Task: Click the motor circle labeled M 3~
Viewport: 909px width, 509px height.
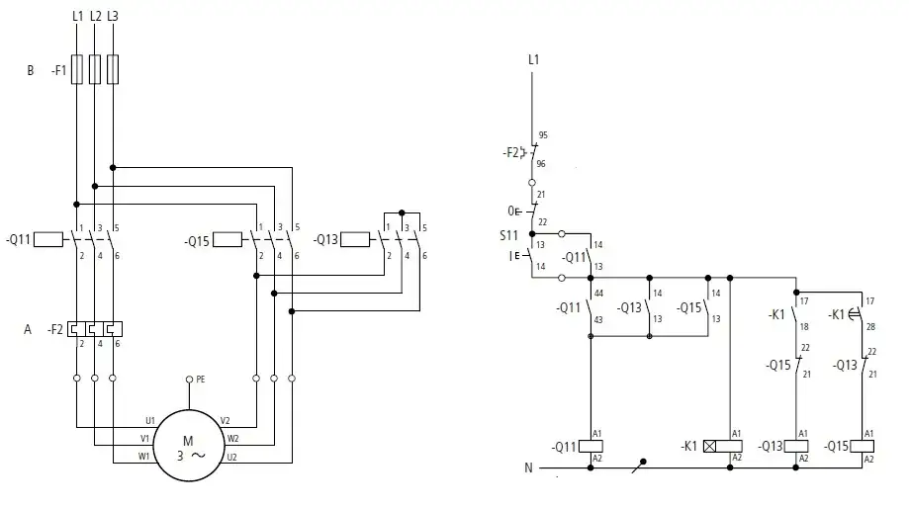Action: click(189, 447)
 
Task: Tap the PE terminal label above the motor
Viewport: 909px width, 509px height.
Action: click(201, 379)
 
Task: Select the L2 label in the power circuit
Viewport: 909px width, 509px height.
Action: click(95, 17)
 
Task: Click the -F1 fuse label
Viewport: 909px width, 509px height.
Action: click(58, 71)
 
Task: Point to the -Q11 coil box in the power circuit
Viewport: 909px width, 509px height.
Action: click(48, 239)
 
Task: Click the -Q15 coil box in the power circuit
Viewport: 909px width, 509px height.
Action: click(227, 239)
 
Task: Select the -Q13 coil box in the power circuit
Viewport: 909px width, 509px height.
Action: click(356, 239)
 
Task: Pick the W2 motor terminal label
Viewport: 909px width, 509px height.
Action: click(232, 438)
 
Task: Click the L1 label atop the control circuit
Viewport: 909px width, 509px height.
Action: click(534, 60)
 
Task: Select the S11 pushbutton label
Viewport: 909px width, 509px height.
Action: click(507, 235)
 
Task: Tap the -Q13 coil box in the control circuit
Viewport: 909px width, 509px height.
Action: click(796, 446)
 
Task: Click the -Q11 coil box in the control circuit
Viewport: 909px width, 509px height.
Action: click(591, 446)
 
